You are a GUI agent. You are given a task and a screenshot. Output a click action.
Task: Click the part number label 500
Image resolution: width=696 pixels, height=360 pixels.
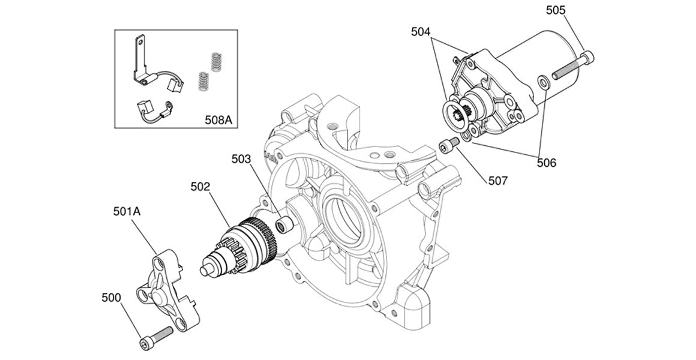tap(111, 298)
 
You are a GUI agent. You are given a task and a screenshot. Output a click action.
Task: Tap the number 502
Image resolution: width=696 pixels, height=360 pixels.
tap(200, 187)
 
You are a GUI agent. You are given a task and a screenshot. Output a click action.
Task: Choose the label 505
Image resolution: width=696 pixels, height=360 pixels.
tap(556, 10)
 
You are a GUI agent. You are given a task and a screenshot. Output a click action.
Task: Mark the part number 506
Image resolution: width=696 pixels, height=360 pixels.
tap(547, 163)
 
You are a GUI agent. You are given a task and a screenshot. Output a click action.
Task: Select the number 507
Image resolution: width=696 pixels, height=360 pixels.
tap(498, 180)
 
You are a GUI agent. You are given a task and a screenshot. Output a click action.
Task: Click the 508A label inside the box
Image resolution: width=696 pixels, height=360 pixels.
tap(218, 119)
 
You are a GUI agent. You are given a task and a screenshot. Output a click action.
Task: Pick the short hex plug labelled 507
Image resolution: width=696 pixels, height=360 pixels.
tap(449, 145)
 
